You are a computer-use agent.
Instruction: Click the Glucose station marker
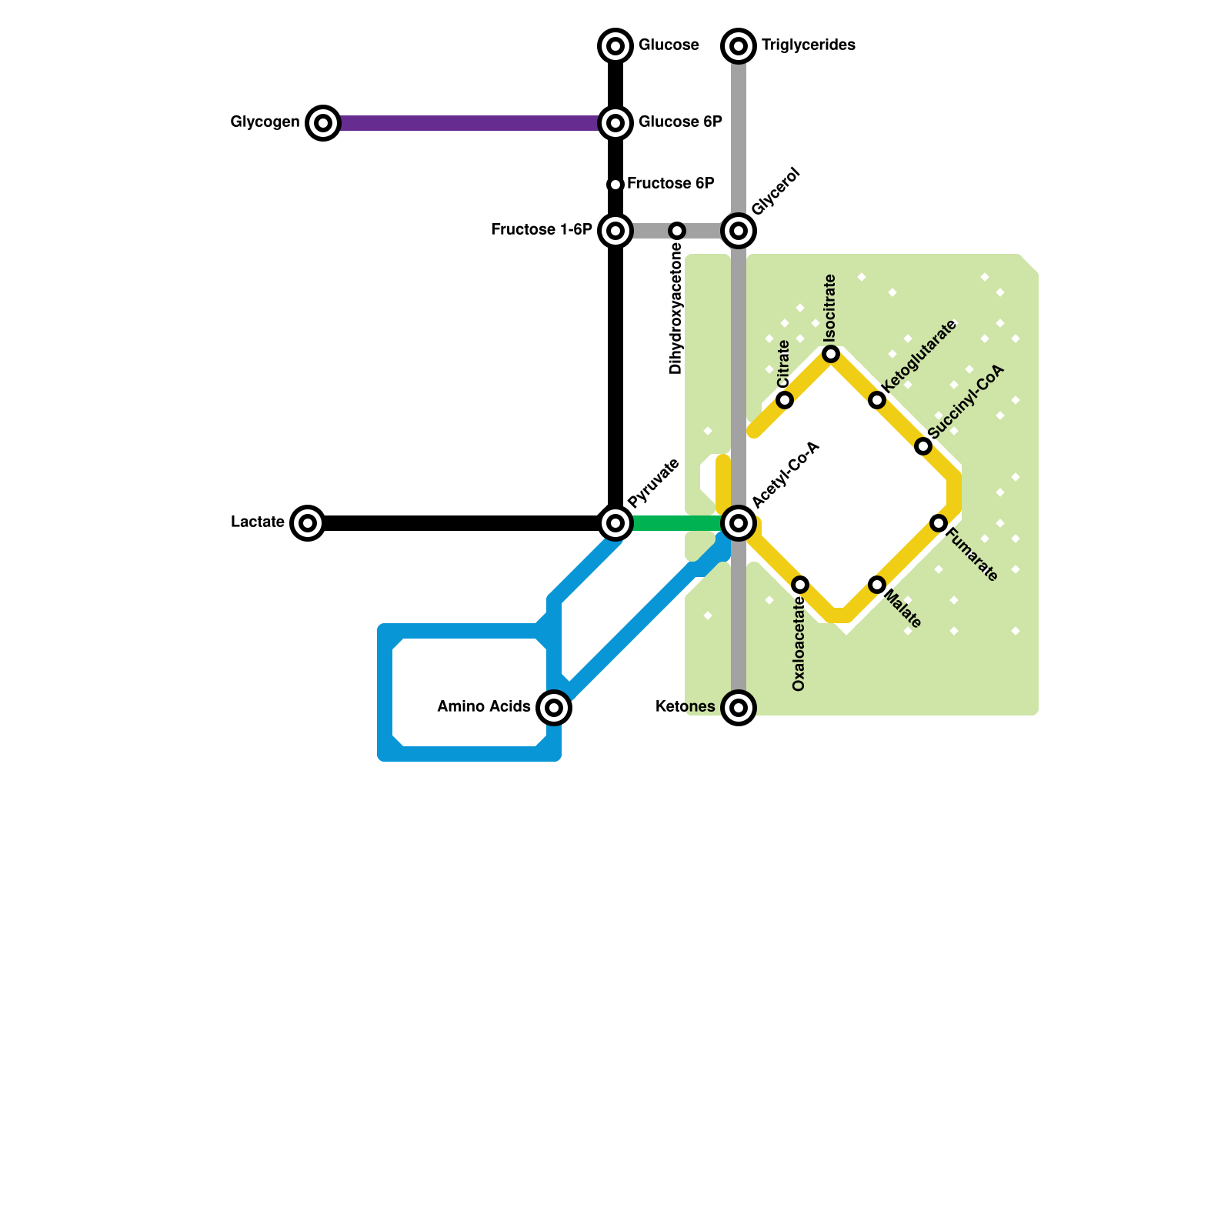point(615,46)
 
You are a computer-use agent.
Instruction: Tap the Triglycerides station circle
point(739,46)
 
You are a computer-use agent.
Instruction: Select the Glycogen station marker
point(323,123)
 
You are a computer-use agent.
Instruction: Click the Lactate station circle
point(308,523)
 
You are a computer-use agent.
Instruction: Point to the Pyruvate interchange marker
point(615,523)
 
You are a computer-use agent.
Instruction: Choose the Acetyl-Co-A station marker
point(739,523)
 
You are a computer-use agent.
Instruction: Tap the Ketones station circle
point(739,708)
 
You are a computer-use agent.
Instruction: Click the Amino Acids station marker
point(554,708)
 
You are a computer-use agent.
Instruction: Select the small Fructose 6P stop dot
point(615,185)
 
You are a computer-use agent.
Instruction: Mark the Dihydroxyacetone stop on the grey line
point(677,231)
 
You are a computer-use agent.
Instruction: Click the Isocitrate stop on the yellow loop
point(831,354)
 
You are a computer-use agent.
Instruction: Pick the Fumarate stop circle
point(939,523)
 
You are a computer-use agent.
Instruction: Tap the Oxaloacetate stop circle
point(800,585)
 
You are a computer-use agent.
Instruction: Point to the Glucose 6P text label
point(680,122)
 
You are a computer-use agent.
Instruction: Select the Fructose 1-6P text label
point(542,230)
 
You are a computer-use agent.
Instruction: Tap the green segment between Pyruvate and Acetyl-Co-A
point(677,523)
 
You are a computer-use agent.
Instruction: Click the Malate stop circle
point(877,585)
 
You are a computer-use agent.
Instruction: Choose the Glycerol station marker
point(739,231)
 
